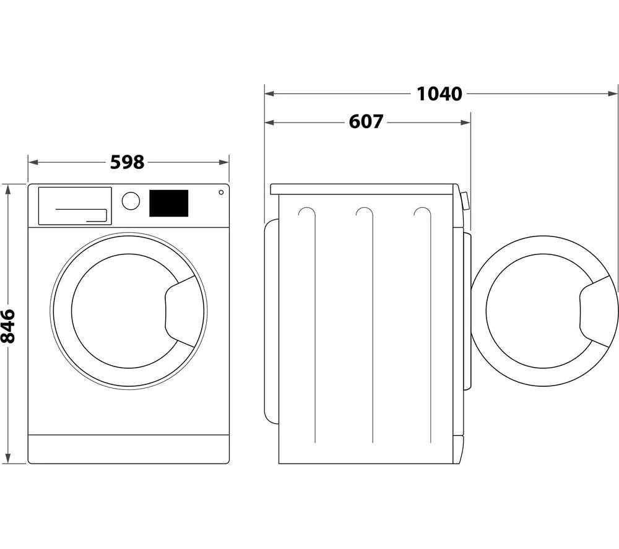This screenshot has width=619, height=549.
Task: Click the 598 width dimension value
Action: [127, 162]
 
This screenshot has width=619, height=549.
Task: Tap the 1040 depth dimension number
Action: [439, 93]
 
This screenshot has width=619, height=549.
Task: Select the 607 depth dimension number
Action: [366, 122]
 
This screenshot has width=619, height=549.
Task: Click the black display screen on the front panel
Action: [168, 203]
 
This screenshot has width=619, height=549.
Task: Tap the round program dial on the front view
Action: [131, 201]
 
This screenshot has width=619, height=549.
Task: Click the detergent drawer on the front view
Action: [75, 205]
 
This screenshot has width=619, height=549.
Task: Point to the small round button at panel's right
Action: [221, 192]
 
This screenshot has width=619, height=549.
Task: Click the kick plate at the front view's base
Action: [129, 449]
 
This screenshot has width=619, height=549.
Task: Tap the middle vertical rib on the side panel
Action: [371, 325]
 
